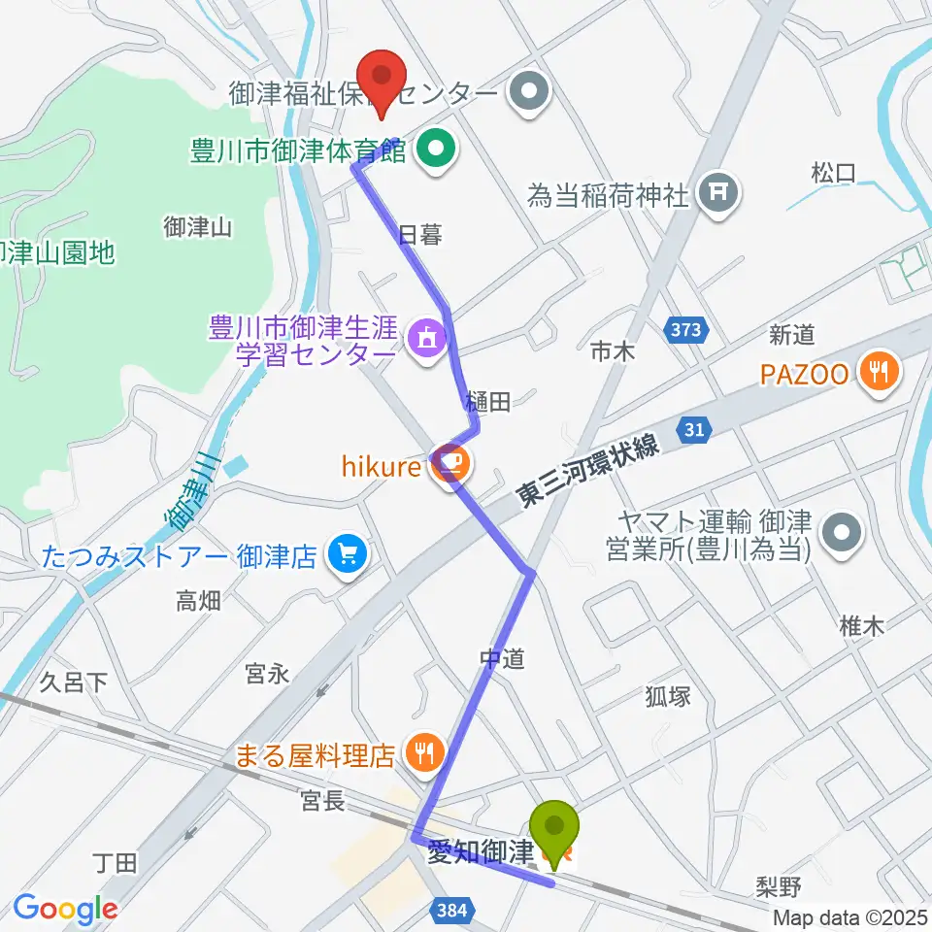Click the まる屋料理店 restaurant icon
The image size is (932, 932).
(x=424, y=751)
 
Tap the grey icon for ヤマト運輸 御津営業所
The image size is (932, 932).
(x=838, y=535)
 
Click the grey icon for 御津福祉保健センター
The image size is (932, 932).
(x=530, y=94)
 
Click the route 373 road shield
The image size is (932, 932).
(x=685, y=330)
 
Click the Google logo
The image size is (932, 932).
(x=65, y=909)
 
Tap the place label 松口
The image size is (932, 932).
(x=833, y=174)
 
